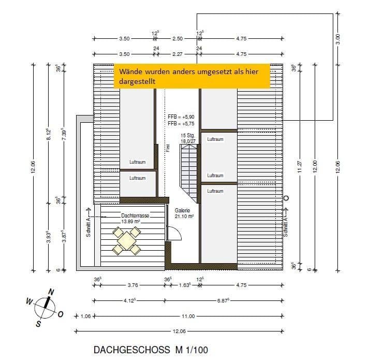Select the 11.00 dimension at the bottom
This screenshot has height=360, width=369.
[x=187, y=316]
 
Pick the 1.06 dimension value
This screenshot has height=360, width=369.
[x=85, y=316]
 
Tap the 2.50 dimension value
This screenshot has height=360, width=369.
[x=177, y=38]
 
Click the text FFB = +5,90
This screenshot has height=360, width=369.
[x=181, y=118]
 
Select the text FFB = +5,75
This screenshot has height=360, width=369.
[x=181, y=124]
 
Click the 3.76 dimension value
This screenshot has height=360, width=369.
[x=132, y=285]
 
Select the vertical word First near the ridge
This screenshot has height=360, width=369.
[x=168, y=148]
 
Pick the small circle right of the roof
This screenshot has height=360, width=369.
[x=287, y=197]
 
